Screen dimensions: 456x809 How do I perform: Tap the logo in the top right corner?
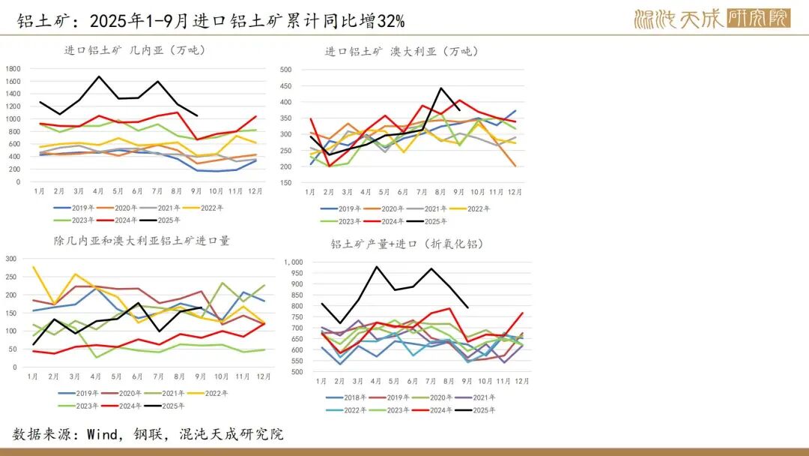click(x=712, y=18)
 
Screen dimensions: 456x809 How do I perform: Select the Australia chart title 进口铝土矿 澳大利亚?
click(x=401, y=52)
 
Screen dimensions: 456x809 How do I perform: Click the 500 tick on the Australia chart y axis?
click(x=285, y=70)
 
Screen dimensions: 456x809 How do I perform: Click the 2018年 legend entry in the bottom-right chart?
click(x=345, y=397)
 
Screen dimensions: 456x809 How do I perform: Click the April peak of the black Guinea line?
click(x=99, y=76)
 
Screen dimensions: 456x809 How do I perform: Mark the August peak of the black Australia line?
click(x=441, y=88)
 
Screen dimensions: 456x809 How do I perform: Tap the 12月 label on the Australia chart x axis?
click(x=516, y=192)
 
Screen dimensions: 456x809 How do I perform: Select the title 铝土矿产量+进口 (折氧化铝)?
click(x=407, y=244)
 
